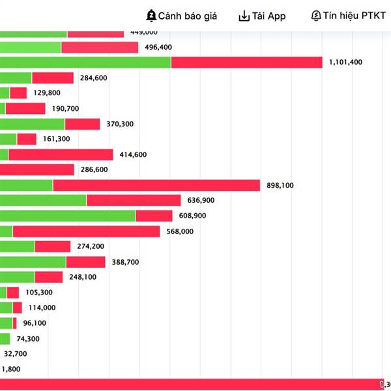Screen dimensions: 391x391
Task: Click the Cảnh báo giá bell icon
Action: pos(151,16)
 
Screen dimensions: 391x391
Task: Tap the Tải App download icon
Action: pos(244,16)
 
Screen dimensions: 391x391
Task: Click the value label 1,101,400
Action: pos(347,62)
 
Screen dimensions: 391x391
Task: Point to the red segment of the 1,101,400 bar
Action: pos(246,62)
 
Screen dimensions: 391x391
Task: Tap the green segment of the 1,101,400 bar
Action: pos(85,62)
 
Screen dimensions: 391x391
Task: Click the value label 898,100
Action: pos(280,185)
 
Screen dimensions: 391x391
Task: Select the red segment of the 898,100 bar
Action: pos(156,185)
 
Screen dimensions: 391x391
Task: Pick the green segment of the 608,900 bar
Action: pos(67,216)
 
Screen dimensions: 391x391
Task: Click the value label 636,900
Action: pos(201,200)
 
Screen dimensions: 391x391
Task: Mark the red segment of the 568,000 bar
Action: pos(86,231)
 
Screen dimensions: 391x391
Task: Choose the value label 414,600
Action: pos(133,154)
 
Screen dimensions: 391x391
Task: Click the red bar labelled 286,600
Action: pos(37,169)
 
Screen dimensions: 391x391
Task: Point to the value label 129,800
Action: pos(47,93)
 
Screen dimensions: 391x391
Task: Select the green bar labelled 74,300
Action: pos(5,338)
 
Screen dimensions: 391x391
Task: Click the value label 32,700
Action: pos(16,354)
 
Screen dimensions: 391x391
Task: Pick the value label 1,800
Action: pos(11,369)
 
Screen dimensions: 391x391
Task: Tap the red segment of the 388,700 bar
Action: pos(85,262)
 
